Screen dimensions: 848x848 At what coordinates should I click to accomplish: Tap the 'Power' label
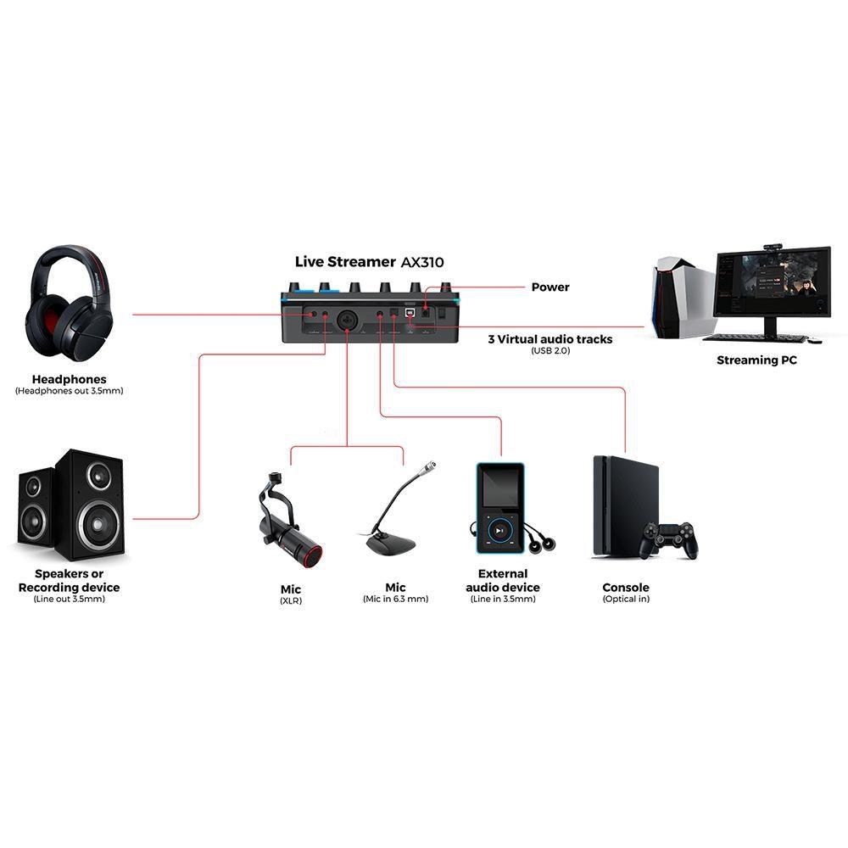[x=550, y=287]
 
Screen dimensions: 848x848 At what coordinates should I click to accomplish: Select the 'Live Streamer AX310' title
[x=369, y=262]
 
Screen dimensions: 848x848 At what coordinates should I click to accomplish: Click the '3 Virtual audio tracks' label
[x=550, y=339]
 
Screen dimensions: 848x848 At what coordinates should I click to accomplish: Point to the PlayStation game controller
[x=669, y=539]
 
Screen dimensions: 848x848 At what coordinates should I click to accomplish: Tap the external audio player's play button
[x=500, y=531]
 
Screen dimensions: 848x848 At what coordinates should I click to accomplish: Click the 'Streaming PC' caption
[x=756, y=360]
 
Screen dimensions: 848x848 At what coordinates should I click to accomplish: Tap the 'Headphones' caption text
[x=70, y=379]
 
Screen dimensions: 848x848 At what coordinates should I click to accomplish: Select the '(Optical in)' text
[x=626, y=600]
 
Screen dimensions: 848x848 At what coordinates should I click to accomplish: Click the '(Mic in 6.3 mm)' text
[x=395, y=600]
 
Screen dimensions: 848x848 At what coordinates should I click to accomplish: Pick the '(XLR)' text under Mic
[x=291, y=600]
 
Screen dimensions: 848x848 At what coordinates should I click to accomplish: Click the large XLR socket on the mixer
[x=348, y=321]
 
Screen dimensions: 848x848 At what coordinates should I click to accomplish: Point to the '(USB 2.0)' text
[x=550, y=350]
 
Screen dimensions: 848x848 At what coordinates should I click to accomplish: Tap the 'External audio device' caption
[x=503, y=581]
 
